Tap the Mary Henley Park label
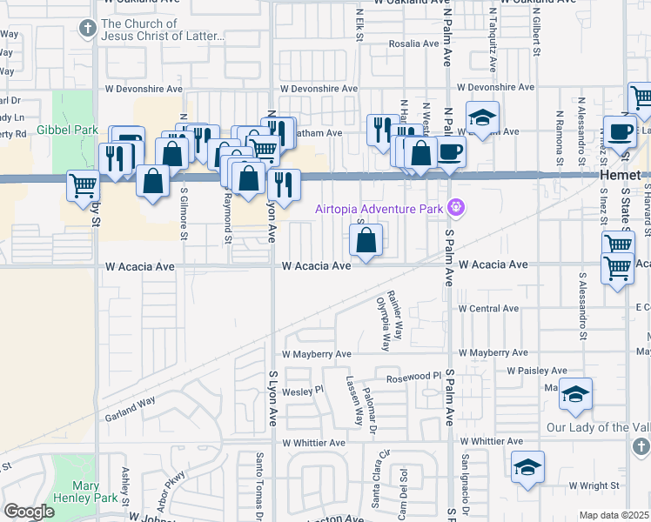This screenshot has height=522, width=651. pyautogui.click(x=97, y=492)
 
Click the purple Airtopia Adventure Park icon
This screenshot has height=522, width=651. pyautogui.click(x=454, y=208)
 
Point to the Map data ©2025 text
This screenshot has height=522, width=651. pyautogui.click(x=614, y=515)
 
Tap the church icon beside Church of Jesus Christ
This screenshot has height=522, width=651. pyautogui.click(x=86, y=30)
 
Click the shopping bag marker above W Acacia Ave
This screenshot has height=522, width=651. pyautogui.click(x=366, y=240)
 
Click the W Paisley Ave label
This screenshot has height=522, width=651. pyautogui.click(x=536, y=370)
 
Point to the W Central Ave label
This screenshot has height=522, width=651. pyautogui.click(x=487, y=309)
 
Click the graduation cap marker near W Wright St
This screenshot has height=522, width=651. pyautogui.click(x=527, y=468)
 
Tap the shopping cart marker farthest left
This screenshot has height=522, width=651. pyautogui.click(x=84, y=186)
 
